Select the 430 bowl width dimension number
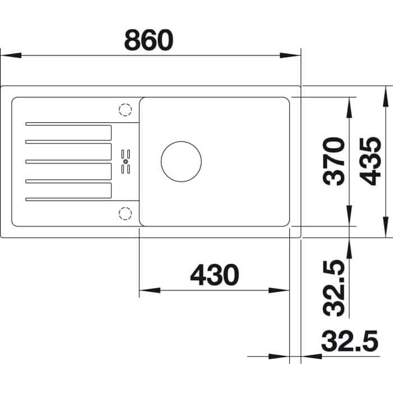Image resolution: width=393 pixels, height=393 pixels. click(x=214, y=275)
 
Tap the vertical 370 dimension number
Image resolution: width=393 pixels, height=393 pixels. click(x=336, y=161)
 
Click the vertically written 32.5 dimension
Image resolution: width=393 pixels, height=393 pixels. click(x=336, y=287)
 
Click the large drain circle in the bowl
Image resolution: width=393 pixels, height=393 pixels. click(x=181, y=160)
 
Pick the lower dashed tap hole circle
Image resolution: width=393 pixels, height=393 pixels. click(x=125, y=212)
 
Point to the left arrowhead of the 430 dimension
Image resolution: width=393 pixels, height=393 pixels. click(x=149, y=290)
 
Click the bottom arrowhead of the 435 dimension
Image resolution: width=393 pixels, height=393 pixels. click(x=385, y=227)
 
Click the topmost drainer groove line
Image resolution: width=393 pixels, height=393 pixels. click(x=81, y=123)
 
